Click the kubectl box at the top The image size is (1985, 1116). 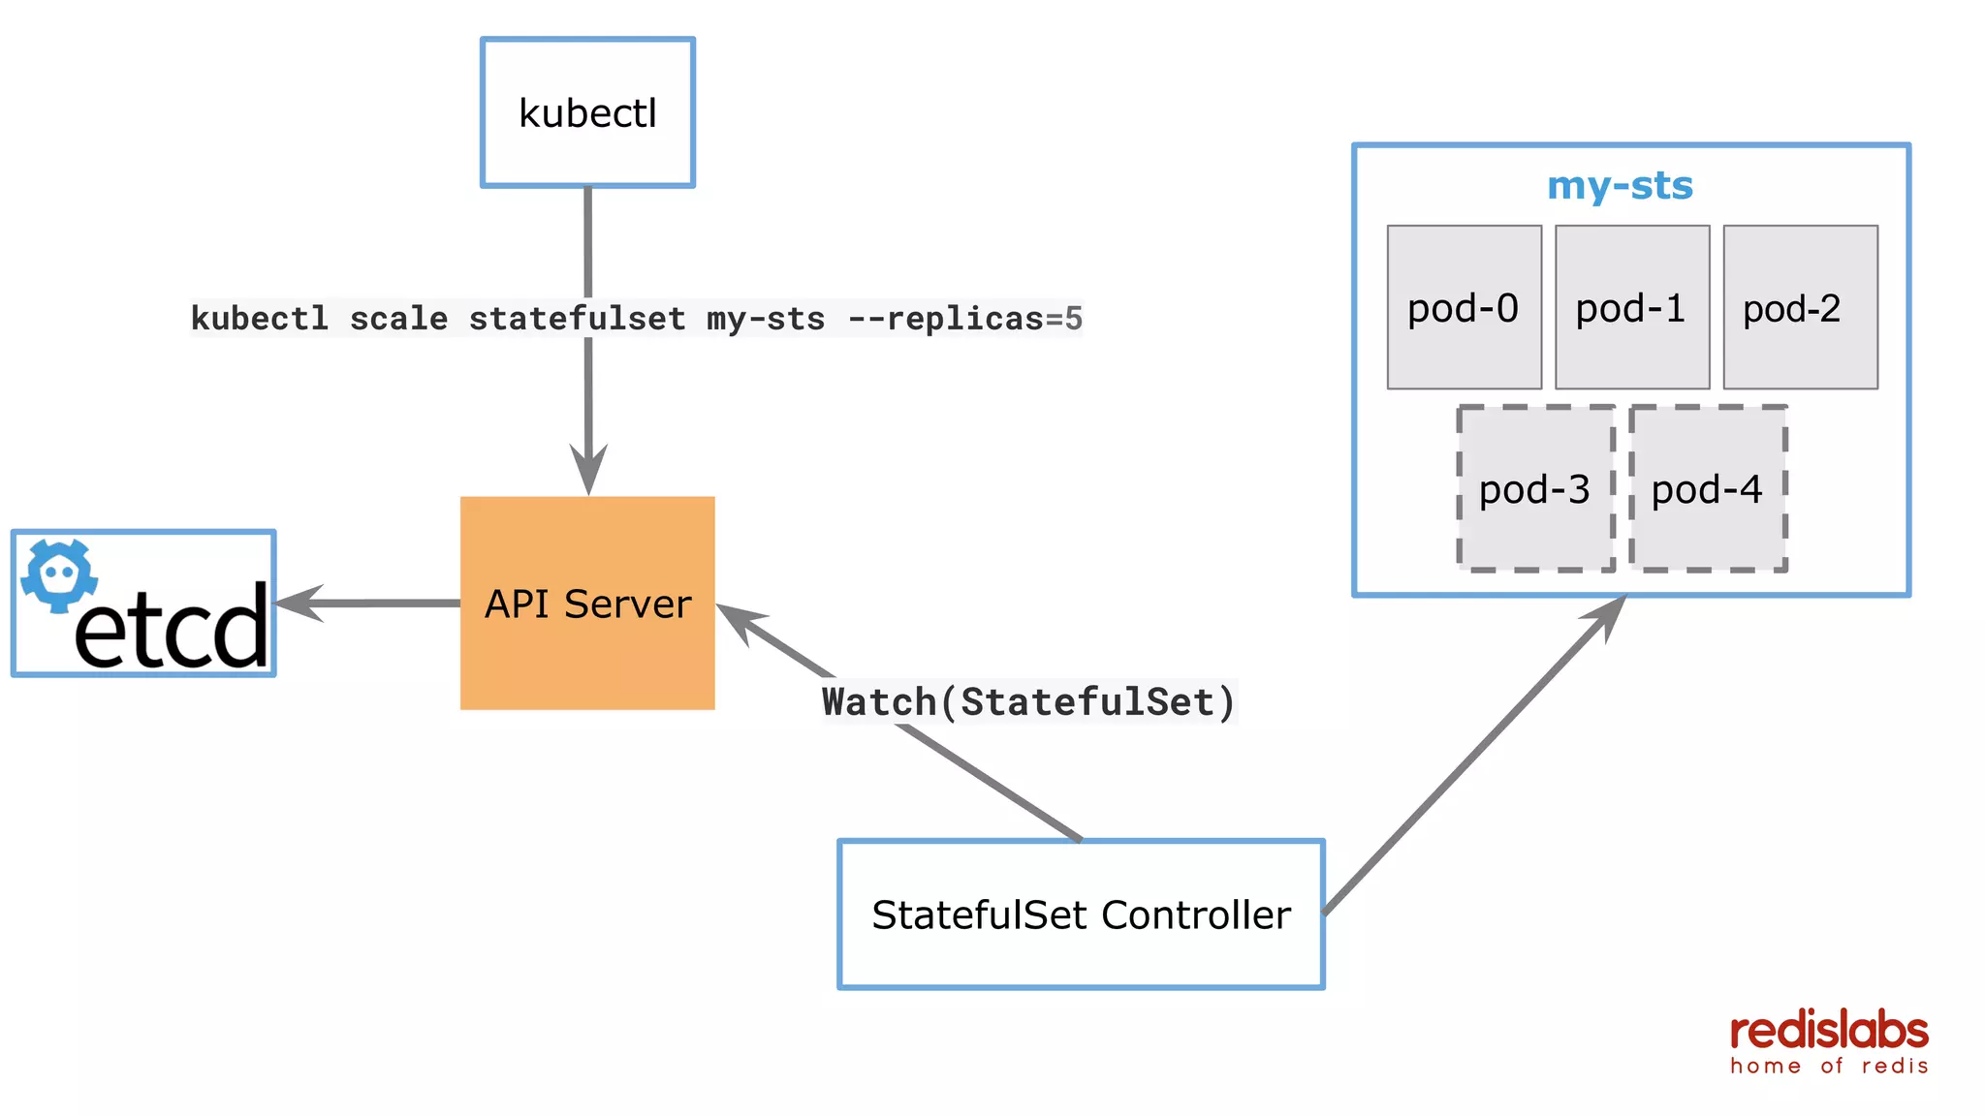pyautogui.click(x=587, y=112)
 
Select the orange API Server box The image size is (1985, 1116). pyautogui.click(x=587, y=603)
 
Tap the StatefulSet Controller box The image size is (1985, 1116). pyautogui.click(x=1081, y=914)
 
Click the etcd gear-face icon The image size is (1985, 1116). pyautogui.click(x=59, y=575)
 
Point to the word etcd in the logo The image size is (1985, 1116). pyautogui.click(x=172, y=628)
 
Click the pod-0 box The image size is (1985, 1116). pyautogui.click(x=1464, y=307)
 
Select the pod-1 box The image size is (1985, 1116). pyautogui.click(x=1631, y=307)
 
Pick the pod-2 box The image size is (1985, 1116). pyautogui.click(x=1800, y=307)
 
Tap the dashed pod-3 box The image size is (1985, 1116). pyautogui.click(x=1535, y=488)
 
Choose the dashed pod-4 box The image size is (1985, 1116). pyautogui.click(x=1707, y=488)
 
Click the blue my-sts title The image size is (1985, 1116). pyautogui.click(x=1620, y=185)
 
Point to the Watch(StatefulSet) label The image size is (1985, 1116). pyautogui.click(x=1028, y=701)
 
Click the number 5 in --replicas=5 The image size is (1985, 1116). pyautogui.click(x=1073, y=319)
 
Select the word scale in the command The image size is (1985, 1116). pyautogui.click(x=398, y=319)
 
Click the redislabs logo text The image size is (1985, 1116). pyautogui.click(x=1829, y=1031)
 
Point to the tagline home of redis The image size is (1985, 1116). pyautogui.click(x=1829, y=1066)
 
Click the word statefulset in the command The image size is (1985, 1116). pyautogui.click(x=577, y=319)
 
